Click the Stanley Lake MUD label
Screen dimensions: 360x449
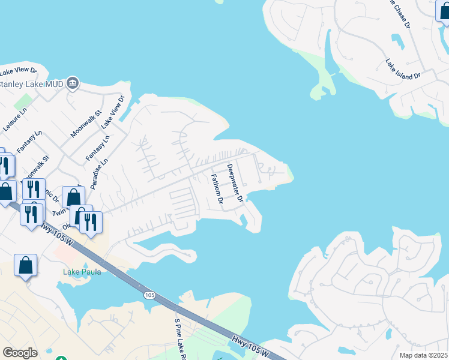coord(29,83)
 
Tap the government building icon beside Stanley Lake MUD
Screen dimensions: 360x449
coord(73,82)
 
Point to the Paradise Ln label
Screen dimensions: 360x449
coord(100,173)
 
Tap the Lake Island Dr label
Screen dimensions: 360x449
coord(403,70)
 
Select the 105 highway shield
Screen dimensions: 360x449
coord(150,295)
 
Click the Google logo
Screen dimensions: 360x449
coord(20,352)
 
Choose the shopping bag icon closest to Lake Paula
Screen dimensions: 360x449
coord(26,265)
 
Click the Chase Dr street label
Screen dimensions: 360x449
coord(399,13)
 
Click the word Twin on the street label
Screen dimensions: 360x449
coord(59,212)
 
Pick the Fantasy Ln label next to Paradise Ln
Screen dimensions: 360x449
coord(98,148)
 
